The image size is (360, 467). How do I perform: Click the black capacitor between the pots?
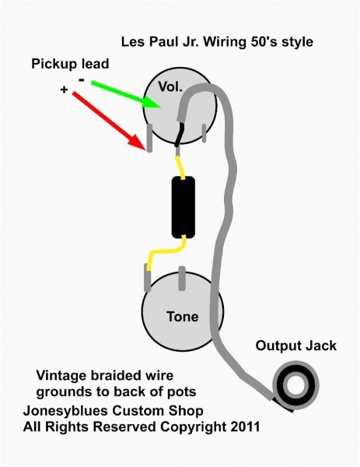183,207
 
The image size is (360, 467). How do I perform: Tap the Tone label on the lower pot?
182,317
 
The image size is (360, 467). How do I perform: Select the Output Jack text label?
297,345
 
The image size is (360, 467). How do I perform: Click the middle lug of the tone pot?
181,276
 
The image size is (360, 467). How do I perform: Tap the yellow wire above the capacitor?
180,164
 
